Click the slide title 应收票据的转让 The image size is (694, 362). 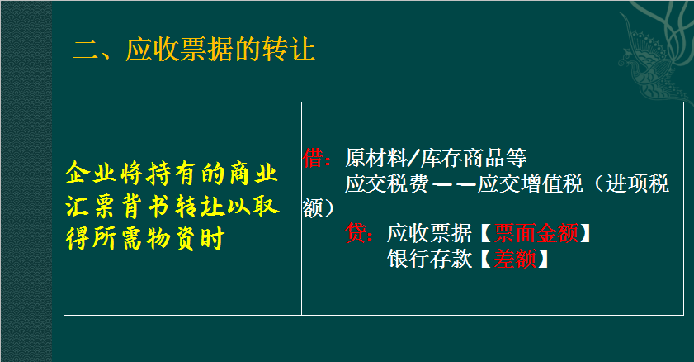[220, 49]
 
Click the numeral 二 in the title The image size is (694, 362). [84, 49]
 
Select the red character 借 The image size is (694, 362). [314, 157]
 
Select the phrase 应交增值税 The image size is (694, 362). [533, 183]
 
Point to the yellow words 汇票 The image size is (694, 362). [86, 207]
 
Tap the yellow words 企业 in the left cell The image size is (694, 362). [86, 176]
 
